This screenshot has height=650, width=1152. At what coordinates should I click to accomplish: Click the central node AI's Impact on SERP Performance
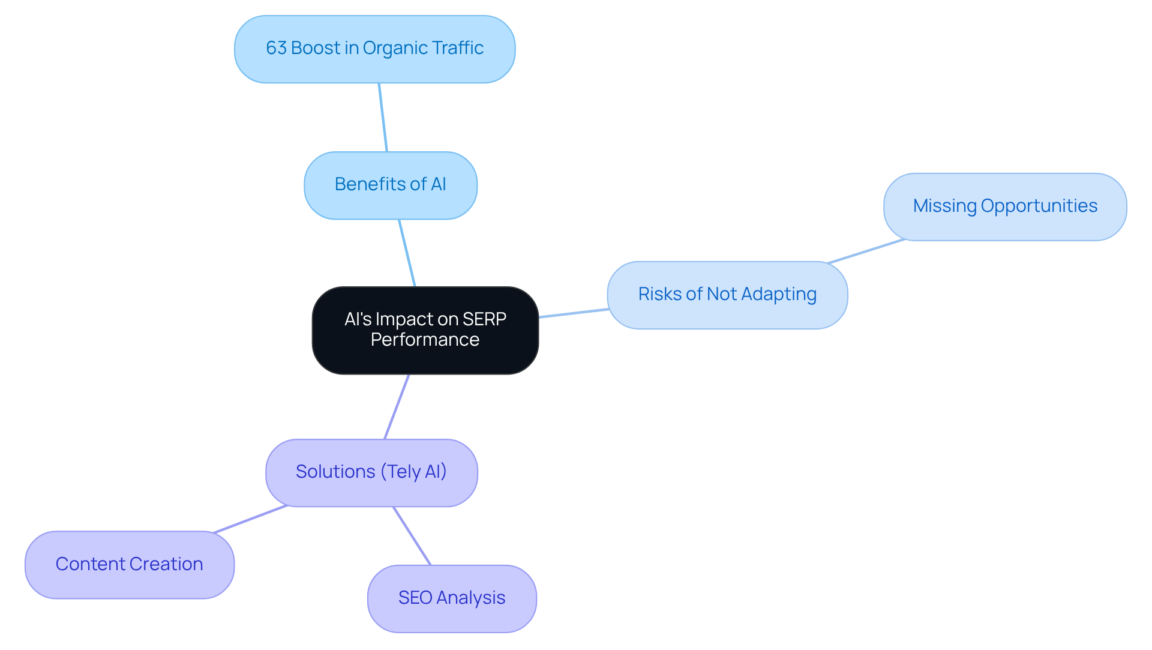click(425, 330)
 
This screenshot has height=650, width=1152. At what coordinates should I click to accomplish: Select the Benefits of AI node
click(390, 185)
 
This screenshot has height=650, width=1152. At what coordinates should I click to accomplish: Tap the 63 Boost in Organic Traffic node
click(374, 49)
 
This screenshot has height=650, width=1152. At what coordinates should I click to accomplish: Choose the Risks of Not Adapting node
click(727, 295)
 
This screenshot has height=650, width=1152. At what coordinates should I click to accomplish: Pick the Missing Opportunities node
click(1005, 206)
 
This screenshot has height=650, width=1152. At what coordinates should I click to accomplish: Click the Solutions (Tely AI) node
click(371, 472)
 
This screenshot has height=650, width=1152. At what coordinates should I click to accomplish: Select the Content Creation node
click(129, 564)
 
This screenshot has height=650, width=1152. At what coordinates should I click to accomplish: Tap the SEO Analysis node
click(452, 598)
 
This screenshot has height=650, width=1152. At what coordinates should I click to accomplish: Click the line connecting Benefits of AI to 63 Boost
click(383, 117)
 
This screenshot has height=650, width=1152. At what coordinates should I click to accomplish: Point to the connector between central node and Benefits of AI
click(407, 253)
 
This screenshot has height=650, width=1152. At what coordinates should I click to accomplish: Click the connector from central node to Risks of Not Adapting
click(574, 313)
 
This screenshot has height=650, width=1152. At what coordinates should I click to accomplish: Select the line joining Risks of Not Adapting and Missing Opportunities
click(866, 251)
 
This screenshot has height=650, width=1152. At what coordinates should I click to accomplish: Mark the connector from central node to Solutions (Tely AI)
click(397, 406)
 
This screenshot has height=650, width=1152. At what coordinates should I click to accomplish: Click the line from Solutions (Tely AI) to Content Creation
click(251, 519)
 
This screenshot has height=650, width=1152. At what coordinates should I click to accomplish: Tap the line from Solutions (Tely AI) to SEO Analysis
click(412, 536)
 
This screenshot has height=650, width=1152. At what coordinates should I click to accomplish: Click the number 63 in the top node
click(276, 48)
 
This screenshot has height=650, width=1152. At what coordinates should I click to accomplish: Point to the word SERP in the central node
click(484, 319)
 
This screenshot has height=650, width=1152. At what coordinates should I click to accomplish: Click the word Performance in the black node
click(425, 340)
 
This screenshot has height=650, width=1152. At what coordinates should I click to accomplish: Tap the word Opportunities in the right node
click(1039, 206)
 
